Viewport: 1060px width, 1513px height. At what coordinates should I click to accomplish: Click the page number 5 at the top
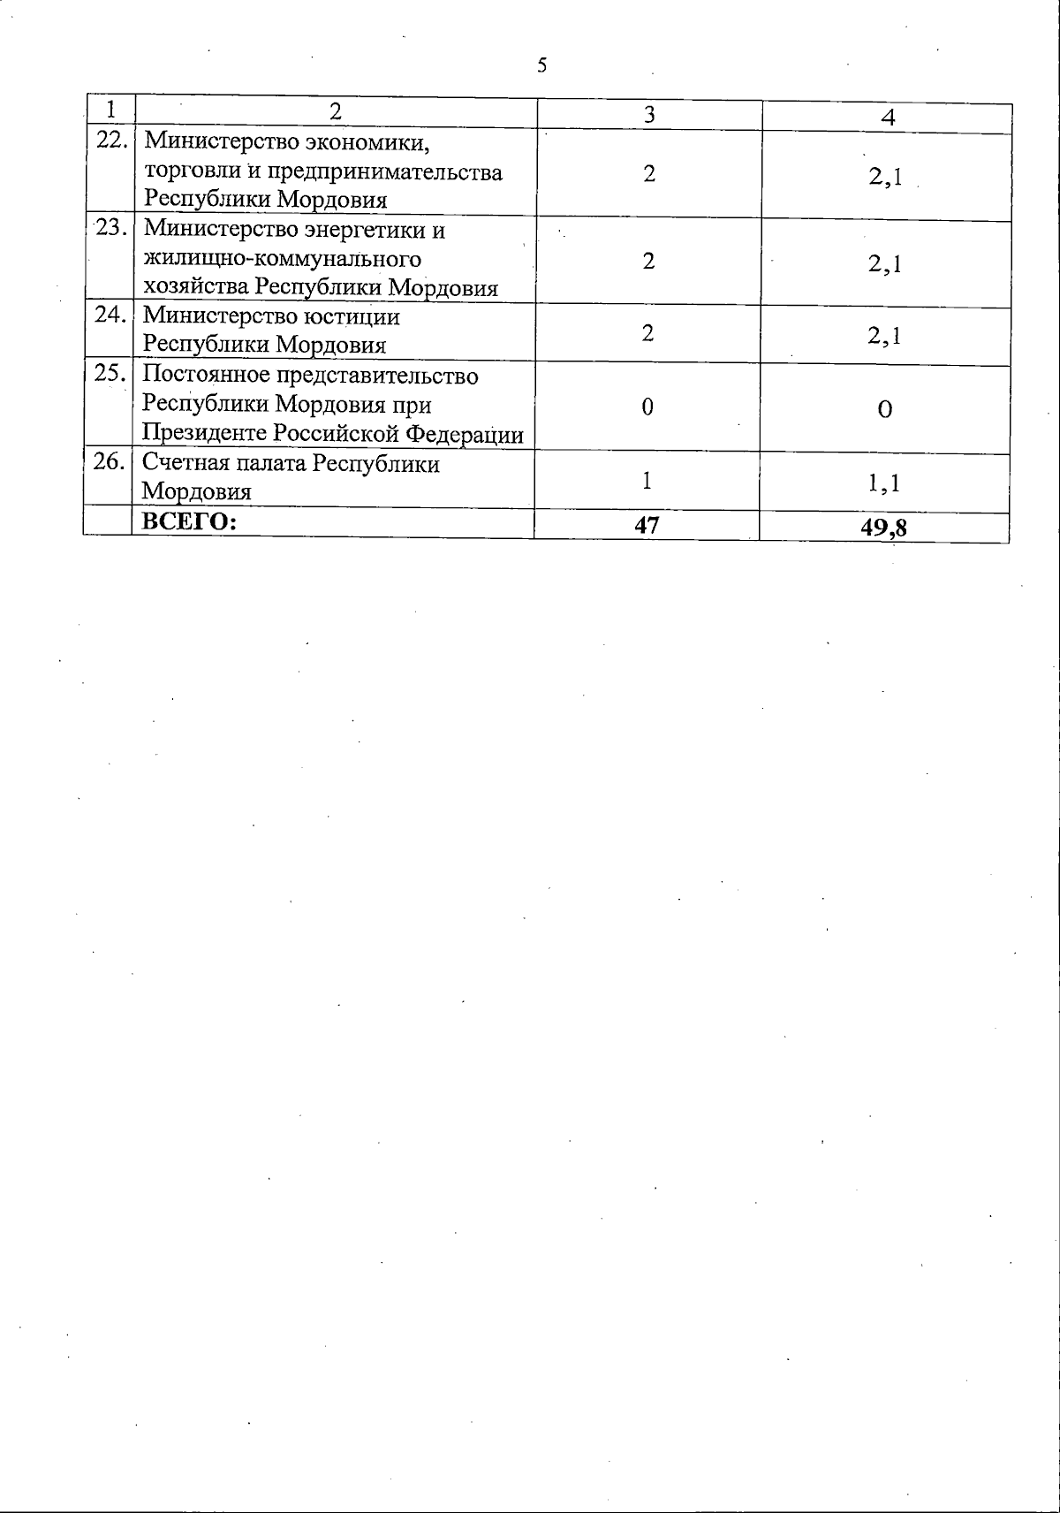[542, 65]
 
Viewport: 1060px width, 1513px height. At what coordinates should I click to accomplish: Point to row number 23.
[111, 227]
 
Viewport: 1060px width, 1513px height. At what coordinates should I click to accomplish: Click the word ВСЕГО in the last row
[190, 521]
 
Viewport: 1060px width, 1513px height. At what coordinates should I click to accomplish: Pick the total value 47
[647, 525]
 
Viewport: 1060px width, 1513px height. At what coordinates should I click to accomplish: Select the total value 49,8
[885, 528]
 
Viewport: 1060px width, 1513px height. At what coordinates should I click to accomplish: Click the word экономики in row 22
[372, 141]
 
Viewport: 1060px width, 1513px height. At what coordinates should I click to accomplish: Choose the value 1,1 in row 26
[884, 483]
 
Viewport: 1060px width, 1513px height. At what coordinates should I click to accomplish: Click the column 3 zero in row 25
[647, 407]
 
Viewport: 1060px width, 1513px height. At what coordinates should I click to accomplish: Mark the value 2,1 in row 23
[885, 263]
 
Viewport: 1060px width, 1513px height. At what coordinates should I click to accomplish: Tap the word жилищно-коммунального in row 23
[283, 259]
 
